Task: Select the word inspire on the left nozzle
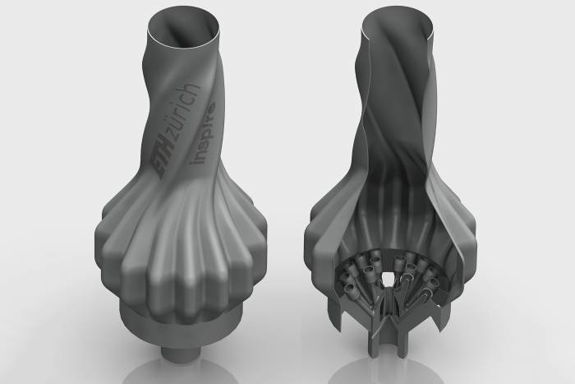(203, 136)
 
